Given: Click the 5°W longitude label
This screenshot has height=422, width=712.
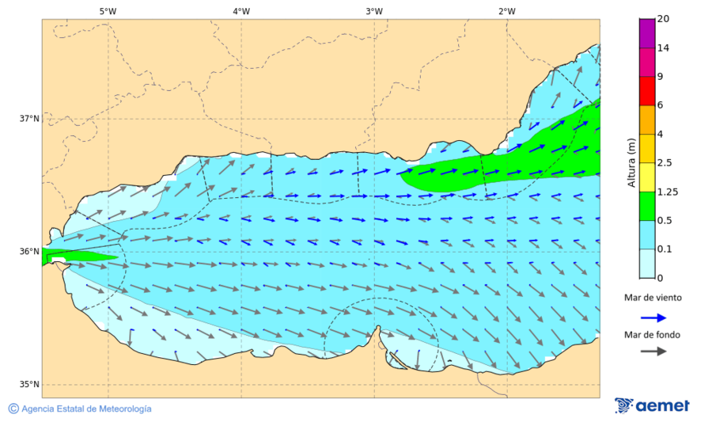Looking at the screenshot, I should tap(108, 11).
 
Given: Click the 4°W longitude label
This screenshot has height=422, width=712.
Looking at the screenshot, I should tap(241, 11).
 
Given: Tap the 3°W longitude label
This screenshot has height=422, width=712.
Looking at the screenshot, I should tap(374, 11).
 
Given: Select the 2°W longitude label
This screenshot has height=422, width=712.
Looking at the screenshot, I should tap(507, 11).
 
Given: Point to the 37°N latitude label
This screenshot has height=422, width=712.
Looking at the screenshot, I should tap(29, 119).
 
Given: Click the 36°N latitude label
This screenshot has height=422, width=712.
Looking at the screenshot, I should tap(29, 252).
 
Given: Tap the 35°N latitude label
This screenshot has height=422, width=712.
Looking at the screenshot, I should tap(29, 385).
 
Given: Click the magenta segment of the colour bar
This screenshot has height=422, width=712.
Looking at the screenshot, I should tap(647, 63).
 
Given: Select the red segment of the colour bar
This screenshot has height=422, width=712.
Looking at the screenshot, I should tap(647, 91).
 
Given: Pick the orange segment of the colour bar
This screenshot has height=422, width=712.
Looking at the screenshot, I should tap(647, 120).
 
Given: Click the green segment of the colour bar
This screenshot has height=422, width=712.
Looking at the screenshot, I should tap(647, 206).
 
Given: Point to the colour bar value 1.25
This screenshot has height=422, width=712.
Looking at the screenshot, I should tap(668, 192).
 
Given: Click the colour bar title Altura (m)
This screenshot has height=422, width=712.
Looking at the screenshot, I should tap(631, 162).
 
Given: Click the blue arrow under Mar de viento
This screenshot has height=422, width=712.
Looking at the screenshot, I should tap(652, 317).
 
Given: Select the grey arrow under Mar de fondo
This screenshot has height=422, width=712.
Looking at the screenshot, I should tap(652, 352).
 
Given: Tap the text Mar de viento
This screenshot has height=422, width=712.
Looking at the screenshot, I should tap(653, 298).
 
